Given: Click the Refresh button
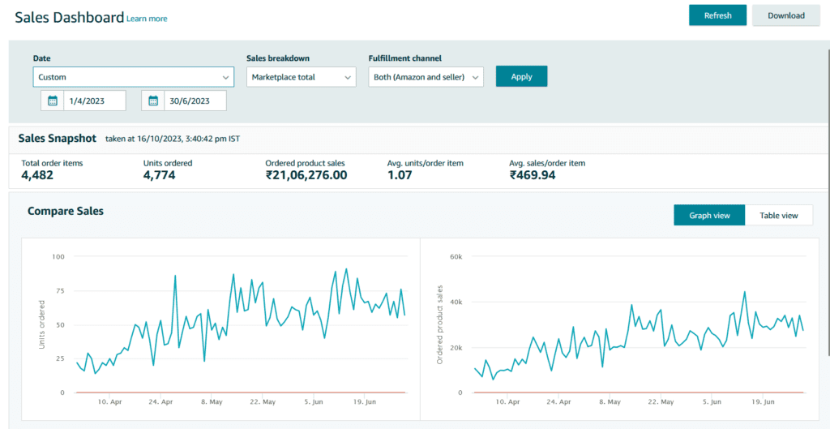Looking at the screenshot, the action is (x=717, y=15).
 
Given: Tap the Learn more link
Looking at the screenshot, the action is (x=147, y=19).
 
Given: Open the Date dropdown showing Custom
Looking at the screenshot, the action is (x=134, y=77).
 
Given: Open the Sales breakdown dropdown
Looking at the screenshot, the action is (x=302, y=77).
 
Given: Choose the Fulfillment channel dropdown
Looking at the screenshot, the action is (x=426, y=77).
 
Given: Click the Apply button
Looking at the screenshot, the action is (x=521, y=77).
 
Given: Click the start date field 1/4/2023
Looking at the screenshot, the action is (x=95, y=101).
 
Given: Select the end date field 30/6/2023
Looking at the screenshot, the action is (x=195, y=101).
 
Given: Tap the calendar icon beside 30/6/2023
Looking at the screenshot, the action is (x=153, y=101).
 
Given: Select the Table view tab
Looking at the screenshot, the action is (x=779, y=215).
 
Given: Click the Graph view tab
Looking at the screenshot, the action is (x=709, y=215).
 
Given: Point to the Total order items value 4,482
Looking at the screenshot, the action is (x=37, y=175).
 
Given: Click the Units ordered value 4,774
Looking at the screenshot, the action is (x=160, y=175).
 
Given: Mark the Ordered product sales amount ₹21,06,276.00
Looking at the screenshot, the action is (x=306, y=175).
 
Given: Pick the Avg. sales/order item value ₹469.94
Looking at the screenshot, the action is (x=533, y=175).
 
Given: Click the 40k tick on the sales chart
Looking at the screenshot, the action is (x=456, y=302).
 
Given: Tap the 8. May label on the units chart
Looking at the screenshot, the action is (x=212, y=402).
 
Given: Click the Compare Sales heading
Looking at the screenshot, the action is (x=66, y=212).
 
